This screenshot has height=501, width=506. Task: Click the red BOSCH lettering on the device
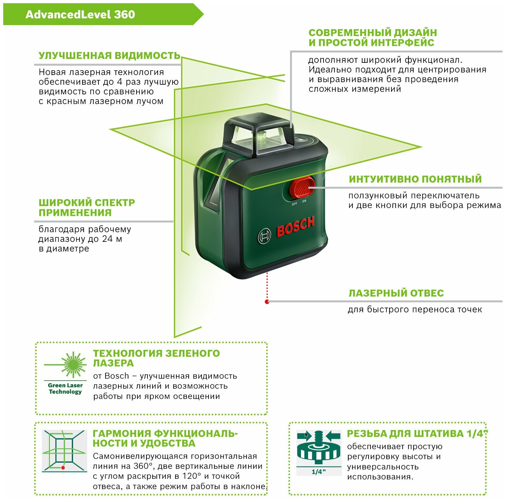point(295,226)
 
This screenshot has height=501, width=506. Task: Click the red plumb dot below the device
point(267,302)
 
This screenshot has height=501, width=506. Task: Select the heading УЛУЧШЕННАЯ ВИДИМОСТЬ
point(109,56)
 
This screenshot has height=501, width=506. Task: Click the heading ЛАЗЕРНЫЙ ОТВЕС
point(396,293)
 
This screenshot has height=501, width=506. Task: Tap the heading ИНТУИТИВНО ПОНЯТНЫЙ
point(415,179)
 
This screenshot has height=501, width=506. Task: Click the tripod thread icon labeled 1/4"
point(319,452)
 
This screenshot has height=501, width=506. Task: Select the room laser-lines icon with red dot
point(64,451)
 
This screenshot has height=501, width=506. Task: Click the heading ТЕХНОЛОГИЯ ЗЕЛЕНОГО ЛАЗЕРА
point(156,358)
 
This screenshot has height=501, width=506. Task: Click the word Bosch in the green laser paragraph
point(117,376)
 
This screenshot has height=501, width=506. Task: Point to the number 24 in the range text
point(108,239)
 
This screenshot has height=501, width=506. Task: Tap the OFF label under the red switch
point(294,204)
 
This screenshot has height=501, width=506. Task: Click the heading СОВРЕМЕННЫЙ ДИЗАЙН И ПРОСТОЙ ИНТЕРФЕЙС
point(372,37)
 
